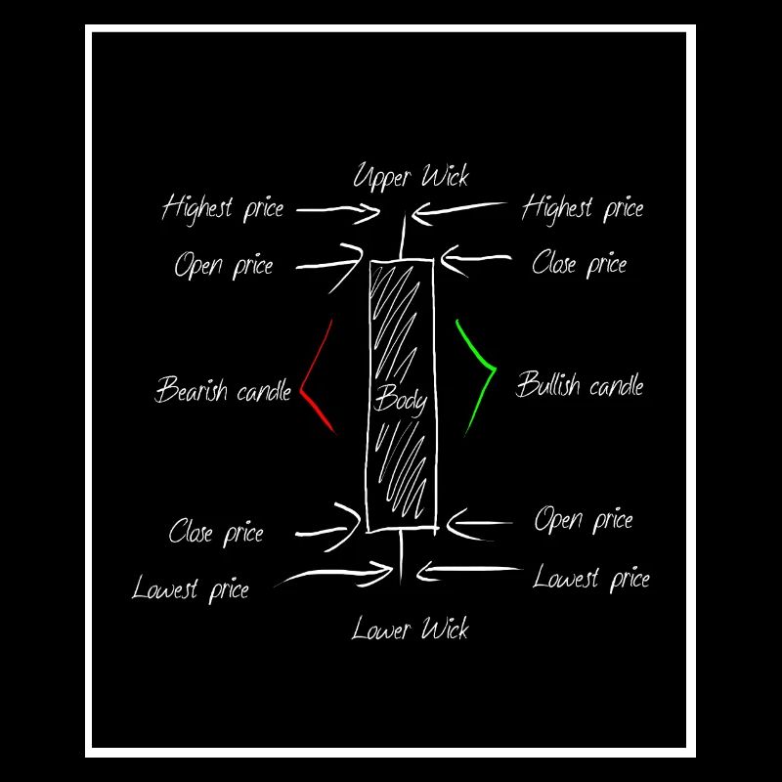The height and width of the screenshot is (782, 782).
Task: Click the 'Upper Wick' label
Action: pos(411,177)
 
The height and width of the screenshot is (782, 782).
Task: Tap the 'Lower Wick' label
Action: pos(410,629)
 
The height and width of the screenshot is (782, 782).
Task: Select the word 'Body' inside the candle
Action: pos(401,401)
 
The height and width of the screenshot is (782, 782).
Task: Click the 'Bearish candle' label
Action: pos(223,389)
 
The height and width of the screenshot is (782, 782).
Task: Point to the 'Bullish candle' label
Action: pos(580,384)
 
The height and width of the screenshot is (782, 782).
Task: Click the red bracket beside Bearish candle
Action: pos(303,390)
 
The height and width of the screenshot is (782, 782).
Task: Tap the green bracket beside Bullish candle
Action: pos(494,369)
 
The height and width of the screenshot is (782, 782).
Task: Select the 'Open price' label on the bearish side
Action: pos(224,264)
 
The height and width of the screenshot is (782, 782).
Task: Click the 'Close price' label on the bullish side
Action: pos(580,263)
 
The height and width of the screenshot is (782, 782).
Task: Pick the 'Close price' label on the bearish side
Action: pos(216,532)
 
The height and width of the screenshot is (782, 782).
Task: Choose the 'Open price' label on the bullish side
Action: pos(584,520)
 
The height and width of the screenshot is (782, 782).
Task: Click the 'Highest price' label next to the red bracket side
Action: pos(223,208)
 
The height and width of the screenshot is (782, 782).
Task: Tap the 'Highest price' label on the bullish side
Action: pos(583,208)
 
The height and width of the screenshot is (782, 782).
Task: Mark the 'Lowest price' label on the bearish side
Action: pos(191,588)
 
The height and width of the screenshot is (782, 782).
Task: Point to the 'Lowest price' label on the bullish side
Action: pos(591,579)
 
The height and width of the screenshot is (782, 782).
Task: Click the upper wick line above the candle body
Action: pos(403,236)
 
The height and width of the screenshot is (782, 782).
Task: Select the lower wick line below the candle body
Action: pos(401,555)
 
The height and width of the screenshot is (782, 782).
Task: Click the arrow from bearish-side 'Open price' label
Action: pos(330,264)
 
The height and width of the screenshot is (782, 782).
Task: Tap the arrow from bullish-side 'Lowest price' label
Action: pos(469,570)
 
